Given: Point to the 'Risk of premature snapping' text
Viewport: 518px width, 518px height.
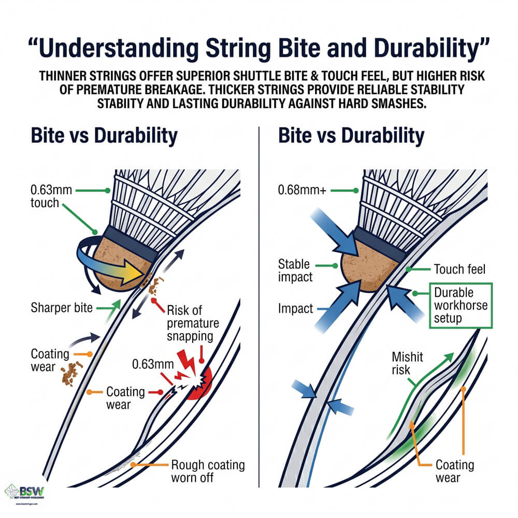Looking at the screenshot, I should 193,324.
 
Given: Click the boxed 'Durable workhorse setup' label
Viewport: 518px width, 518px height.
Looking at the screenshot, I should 460,305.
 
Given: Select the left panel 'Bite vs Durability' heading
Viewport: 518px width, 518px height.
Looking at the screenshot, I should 104,136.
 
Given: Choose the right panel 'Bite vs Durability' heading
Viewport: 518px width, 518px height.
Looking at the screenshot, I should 351,136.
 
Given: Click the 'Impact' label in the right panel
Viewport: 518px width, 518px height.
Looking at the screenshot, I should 295,309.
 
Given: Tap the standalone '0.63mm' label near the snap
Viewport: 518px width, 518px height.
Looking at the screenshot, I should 150,364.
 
